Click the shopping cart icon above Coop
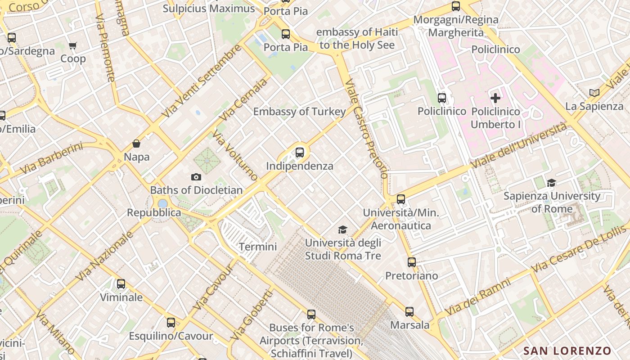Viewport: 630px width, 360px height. point(72,45)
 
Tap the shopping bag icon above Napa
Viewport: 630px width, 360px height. point(136,144)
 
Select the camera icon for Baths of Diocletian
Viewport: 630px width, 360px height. point(196,177)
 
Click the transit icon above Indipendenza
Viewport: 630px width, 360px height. point(300,152)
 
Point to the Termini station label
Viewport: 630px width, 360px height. point(258,247)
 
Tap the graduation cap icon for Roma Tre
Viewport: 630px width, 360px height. point(343,230)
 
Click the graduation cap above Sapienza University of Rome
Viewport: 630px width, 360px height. point(551,183)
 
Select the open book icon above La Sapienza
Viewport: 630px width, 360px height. point(594,93)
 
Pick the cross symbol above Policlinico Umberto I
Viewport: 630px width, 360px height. point(495,98)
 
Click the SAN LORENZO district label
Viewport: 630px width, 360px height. point(567,351)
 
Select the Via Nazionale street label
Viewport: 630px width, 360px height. point(104,256)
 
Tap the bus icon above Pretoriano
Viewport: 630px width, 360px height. point(412,262)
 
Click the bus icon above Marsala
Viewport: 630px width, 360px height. point(409,311)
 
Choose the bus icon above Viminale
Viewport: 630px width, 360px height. point(121,284)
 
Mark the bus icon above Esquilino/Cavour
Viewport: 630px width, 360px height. point(171,322)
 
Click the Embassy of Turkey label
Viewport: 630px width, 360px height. point(300,112)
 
